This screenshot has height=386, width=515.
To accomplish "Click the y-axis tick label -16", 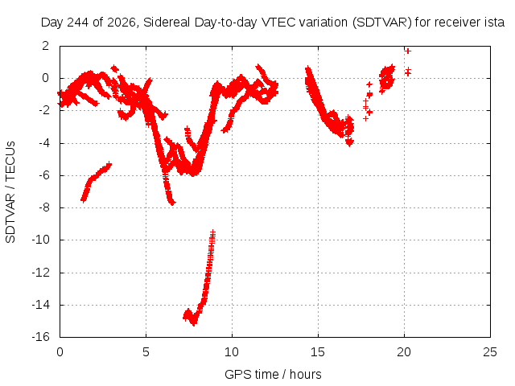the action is (x=40, y=337).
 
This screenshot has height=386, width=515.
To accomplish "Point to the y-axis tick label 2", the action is (x=45, y=46).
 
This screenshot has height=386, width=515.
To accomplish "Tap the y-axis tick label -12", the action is (x=40, y=273).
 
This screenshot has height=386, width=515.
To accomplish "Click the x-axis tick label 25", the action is (x=490, y=352).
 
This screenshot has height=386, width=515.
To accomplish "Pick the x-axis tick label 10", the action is (x=232, y=352).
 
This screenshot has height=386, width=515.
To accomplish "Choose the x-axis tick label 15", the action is (x=318, y=352).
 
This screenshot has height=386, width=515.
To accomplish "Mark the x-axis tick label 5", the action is (x=146, y=352).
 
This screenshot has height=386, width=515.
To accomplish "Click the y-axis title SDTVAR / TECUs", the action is (x=10, y=192).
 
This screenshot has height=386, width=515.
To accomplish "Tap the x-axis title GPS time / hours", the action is (x=273, y=374).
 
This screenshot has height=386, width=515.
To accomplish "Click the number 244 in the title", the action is (x=77, y=23).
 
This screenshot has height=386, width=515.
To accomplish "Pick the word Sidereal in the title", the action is (x=167, y=23).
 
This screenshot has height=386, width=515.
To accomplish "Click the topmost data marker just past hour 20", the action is (x=408, y=51).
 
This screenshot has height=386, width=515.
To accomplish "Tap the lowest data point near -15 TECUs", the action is (x=194, y=323).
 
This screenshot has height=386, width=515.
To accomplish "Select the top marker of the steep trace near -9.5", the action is (x=213, y=232).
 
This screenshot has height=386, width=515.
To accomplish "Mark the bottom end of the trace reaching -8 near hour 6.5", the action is (x=173, y=203).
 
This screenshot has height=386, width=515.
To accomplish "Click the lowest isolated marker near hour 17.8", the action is (x=365, y=118).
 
